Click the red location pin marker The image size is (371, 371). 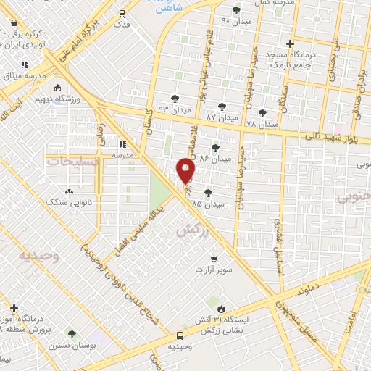185,171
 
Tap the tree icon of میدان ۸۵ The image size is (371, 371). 209,193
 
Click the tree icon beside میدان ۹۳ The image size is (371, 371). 174,99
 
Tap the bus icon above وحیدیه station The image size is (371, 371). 179,335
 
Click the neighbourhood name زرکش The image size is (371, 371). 188,230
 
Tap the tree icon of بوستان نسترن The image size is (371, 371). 72,334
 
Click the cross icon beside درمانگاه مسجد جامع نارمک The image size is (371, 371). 290,43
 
